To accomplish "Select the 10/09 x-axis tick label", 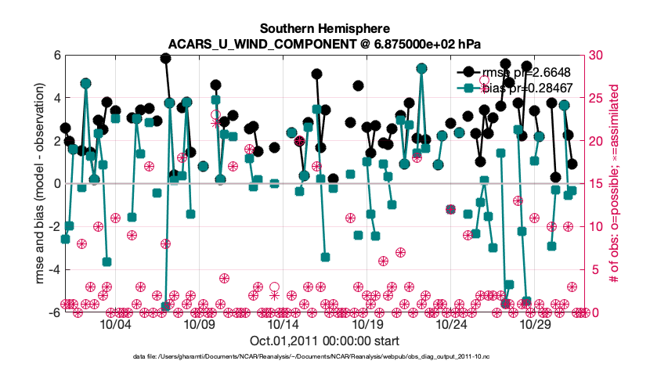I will point(199,323).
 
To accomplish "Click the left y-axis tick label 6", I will point(56,56).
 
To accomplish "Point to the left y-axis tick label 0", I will point(56,184).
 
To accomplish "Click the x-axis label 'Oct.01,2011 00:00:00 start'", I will point(324,341).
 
